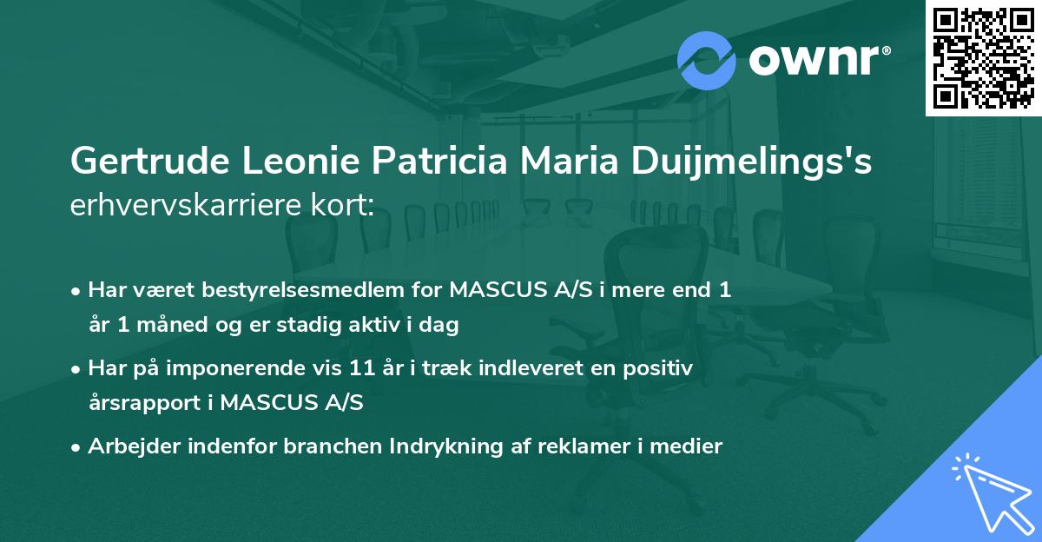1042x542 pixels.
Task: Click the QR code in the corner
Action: click(983, 57)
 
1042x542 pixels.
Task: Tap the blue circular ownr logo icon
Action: click(707, 60)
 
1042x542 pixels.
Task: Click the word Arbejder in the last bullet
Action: click(129, 447)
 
